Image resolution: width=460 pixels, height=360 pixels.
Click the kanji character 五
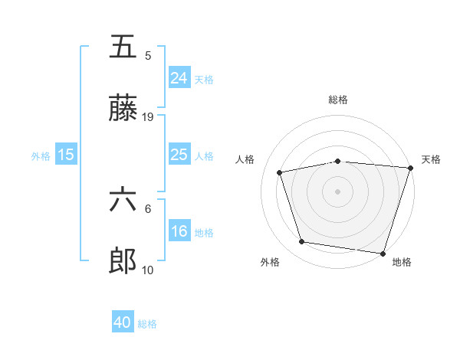pyautogui.click(x=123, y=47)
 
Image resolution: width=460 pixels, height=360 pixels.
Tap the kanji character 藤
pyautogui.click(x=123, y=110)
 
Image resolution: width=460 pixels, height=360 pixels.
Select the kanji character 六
pyautogui.click(x=123, y=200)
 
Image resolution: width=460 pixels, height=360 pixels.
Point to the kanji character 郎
pyautogui.click(x=123, y=262)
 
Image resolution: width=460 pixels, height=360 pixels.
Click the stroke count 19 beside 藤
pyautogui.click(x=148, y=117)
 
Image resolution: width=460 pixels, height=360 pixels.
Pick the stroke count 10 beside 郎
pyautogui.click(x=148, y=270)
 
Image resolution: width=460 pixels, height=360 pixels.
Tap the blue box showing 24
pyautogui.click(x=179, y=78)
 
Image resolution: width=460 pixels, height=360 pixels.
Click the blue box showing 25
pyautogui.click(x=179, y=155)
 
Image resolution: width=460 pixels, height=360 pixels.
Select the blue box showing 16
pyautogui.click(x=179, y=231)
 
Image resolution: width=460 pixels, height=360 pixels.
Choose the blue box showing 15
pyautogui.click(x=66, y=155)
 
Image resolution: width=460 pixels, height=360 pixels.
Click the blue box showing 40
pyautogui.click(x=123, y=323)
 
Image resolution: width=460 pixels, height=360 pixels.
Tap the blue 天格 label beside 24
pyautogui.click(x=204, y=80)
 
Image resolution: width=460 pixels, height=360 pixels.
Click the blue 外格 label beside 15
pyautogui.click(x=41, y=156)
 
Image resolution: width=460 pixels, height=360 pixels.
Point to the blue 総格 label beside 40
pyautogui.click(x=148, y=325)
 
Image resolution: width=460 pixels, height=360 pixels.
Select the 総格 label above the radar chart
pyautogui.click(x=338, y=100)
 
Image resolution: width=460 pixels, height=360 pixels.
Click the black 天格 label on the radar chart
pyautogui.click(x=432, y=159)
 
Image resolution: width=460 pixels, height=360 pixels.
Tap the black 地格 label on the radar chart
pyautogui.click(x=402, y=262)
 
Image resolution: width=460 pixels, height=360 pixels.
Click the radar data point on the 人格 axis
pyautogui.click(x=280, y=172)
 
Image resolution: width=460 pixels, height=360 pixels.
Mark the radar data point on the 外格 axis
pyautogui.click(x=302, y=242)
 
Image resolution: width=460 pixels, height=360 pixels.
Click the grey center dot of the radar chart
pyautogui.click(x=338, y=191)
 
